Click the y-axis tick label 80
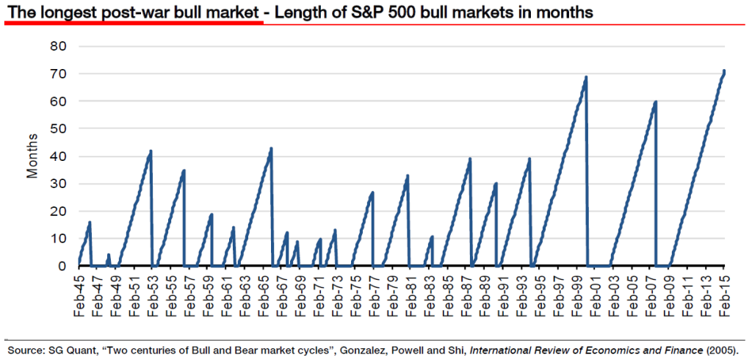tap(57, 46)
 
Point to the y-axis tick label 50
tap(57, 129)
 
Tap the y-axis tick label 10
tap(57, 239)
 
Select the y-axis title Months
tap(32, 156)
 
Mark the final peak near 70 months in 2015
tap(724, 71)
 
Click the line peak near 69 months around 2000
tap(585, 77)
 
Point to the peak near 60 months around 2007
tap(655, 102)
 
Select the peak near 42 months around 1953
tap(151, 151)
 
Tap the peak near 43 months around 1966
tap(271, 148)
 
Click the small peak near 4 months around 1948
tap(109, 255)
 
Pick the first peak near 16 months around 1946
tap(90, 222)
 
